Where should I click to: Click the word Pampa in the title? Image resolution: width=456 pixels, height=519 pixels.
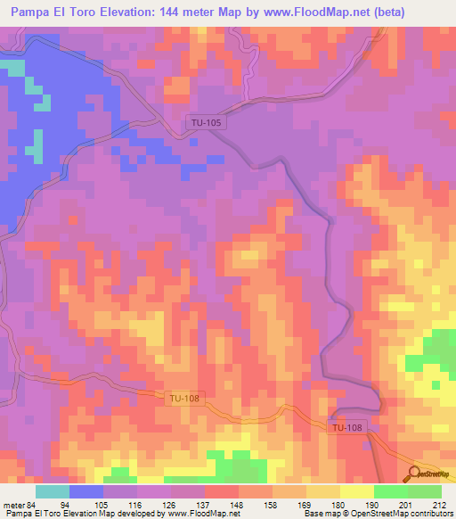33,12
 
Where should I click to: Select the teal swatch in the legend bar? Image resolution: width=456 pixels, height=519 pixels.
53,491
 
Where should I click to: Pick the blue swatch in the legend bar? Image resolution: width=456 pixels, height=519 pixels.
86,491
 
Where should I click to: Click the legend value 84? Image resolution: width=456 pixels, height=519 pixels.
32,505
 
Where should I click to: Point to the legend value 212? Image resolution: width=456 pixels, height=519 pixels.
436,505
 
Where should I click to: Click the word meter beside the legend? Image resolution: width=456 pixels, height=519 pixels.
12,505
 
